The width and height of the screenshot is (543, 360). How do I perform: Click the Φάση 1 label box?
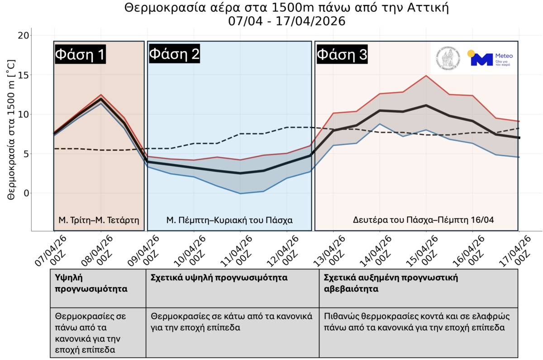(80, 54)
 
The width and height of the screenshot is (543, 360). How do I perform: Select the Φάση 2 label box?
(174, 54)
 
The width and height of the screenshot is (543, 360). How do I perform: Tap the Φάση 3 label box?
(342, 54)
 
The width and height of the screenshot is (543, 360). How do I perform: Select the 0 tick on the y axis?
(26, 193)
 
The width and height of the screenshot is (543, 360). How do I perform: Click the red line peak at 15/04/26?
(426, 76)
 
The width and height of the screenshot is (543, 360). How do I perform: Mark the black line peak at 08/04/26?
(101, 99)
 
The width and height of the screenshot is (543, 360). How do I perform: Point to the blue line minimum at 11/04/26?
(240, 193)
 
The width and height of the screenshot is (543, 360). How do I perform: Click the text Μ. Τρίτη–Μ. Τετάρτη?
(99, 220)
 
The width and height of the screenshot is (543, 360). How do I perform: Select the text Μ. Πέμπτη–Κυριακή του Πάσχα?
(229, 220)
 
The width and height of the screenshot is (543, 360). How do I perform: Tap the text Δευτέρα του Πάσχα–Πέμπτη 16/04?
(423, 220)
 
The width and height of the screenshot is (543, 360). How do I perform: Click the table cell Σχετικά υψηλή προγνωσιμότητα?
(219, 278)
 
